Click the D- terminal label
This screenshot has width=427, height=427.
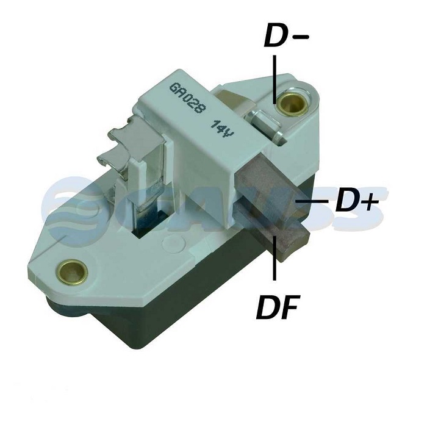point(286,35)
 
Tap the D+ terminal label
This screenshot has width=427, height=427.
point(357,201)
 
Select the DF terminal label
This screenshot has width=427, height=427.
point(278,307)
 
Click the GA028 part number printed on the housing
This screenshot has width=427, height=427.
point(187,98)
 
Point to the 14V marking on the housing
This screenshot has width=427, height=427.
point(223,129)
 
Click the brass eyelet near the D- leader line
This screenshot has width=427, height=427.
point(293,104)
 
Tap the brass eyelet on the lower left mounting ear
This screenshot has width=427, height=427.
point(72,271)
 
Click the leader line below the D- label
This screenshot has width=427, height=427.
point(274,79)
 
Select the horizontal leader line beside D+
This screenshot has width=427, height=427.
point(312,201)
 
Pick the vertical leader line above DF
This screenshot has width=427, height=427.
point(274,257)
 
